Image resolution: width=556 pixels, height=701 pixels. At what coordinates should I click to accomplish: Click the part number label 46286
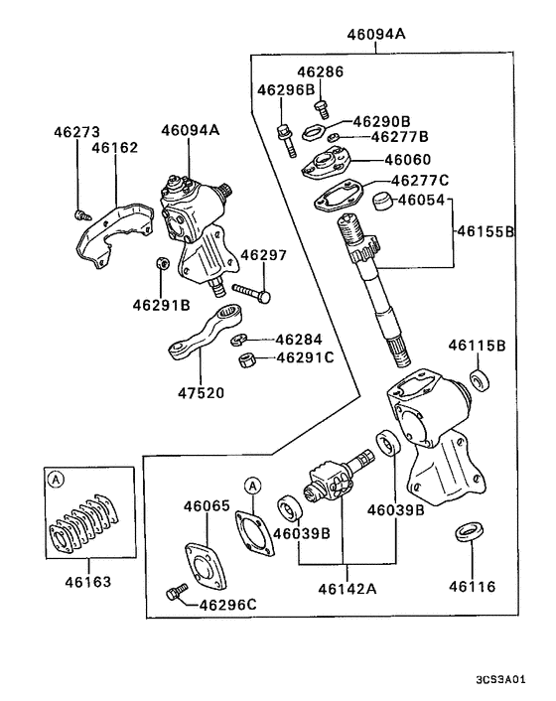[x=318, y=72]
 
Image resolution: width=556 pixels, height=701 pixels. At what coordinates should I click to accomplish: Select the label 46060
[x=409, y=160]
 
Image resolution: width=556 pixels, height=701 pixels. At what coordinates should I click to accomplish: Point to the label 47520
[x=202, y=392]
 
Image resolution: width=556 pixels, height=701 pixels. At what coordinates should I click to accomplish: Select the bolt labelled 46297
[x=253, y=293]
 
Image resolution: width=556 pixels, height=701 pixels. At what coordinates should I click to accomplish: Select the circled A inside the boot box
[x=57, y=480]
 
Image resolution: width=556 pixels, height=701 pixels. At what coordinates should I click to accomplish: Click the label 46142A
[x=347, y=588]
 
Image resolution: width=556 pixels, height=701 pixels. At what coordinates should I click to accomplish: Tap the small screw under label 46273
[x=80, y=212]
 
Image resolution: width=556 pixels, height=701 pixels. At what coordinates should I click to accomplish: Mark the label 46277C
[x=420, y=181]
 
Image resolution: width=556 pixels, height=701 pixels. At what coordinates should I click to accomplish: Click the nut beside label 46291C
[x=251, y=358]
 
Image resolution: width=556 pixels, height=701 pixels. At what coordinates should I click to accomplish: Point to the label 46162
[x=115, y=148]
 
